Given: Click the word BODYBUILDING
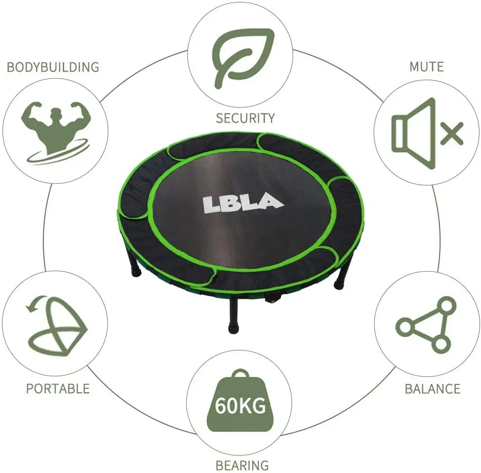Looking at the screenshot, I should coord(53,67).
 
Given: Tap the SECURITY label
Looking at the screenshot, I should coord(245,118).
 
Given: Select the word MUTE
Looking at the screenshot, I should coord(426,67).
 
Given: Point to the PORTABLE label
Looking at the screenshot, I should coord(58,388).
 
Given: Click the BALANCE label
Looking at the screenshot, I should coord(432,388).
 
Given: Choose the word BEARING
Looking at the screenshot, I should coord(242,465).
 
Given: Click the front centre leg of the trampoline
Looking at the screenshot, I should coord(234,316).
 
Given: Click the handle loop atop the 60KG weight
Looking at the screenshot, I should coord(240,375).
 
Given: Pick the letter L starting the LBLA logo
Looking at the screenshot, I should coord(211,203).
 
